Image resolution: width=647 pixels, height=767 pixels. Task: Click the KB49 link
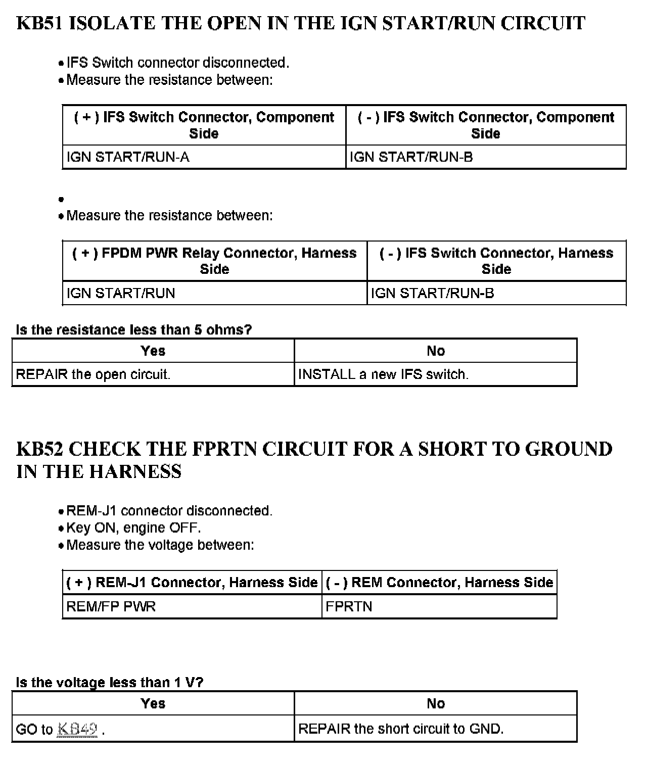click(x=78, y=729)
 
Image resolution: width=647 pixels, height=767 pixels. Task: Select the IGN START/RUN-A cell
click(x=128, y=157)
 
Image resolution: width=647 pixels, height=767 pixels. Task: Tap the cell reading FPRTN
click(x=349, y=606)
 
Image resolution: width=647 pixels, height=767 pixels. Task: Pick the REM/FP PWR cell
click(x=111, y=606)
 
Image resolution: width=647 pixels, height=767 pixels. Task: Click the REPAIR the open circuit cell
click(x=93, y=374)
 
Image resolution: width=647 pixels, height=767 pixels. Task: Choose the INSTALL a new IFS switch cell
click(x=383, y=374)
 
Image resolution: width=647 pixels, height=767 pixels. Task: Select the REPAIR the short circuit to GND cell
click(x=401, y=729)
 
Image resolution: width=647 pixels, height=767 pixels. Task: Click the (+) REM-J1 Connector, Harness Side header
click(x=192, y=583)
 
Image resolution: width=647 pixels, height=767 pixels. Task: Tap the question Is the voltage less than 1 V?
click(x=110, y=683)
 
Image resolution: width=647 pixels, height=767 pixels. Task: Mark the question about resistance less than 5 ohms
click(x=134, y=330)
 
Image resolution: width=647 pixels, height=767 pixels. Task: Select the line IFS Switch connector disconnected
click(x=177, y=63)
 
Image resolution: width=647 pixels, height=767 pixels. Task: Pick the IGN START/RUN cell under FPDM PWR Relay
click(x=121, y=294)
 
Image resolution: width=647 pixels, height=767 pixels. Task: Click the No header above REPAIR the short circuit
click(x=435, y=704)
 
